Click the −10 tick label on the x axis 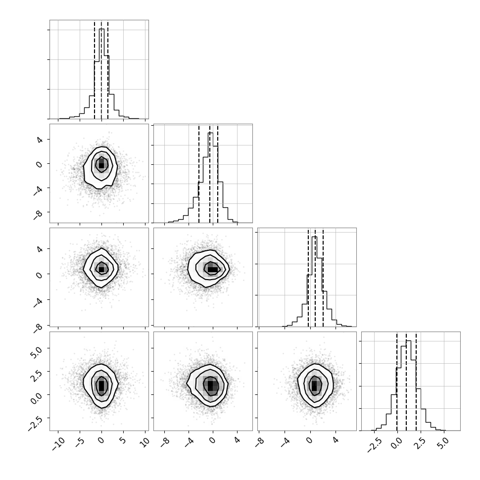pos(58,444)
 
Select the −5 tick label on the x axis pos(79,443)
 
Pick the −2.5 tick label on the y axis pos(36,424)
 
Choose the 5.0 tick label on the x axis pos(443,442)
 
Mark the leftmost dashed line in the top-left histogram pos(95,70)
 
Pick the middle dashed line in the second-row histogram pos(210,174)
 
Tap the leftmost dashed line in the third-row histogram pos(308,278)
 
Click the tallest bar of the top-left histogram pos(101,74)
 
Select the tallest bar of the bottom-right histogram pos(408,385)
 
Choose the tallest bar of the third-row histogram pos(314,282)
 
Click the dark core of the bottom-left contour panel pos(101,385)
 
